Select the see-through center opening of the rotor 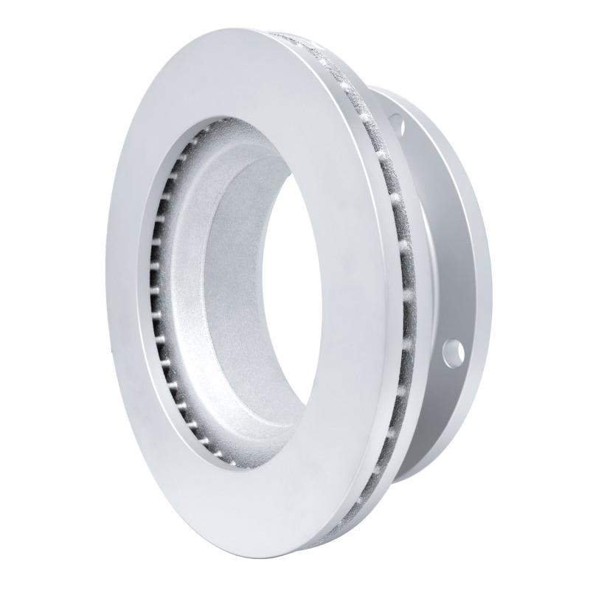(295, 295)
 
